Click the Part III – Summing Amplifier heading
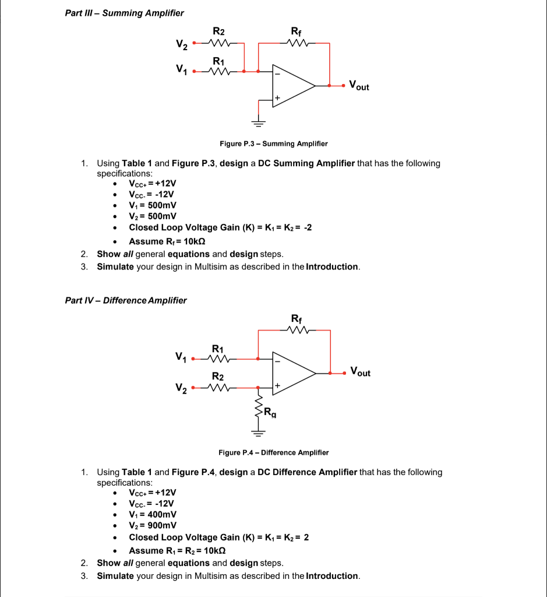[x=125, y=13]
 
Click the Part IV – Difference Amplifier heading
[x=126, y=300]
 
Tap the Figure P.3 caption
[x=273, y=143]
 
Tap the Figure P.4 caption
[x=273, y=452]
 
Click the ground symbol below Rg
[x=258, y=432]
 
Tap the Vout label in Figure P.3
[x=359, y=86]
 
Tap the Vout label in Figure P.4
[x=360, y=372]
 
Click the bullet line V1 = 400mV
[x=153, y=514]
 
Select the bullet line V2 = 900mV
[x=153, y=525]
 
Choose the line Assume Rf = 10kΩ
[x=167, y=241]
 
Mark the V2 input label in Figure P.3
[x=182, y=44]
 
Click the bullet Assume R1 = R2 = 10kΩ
[x=177, y=550]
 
